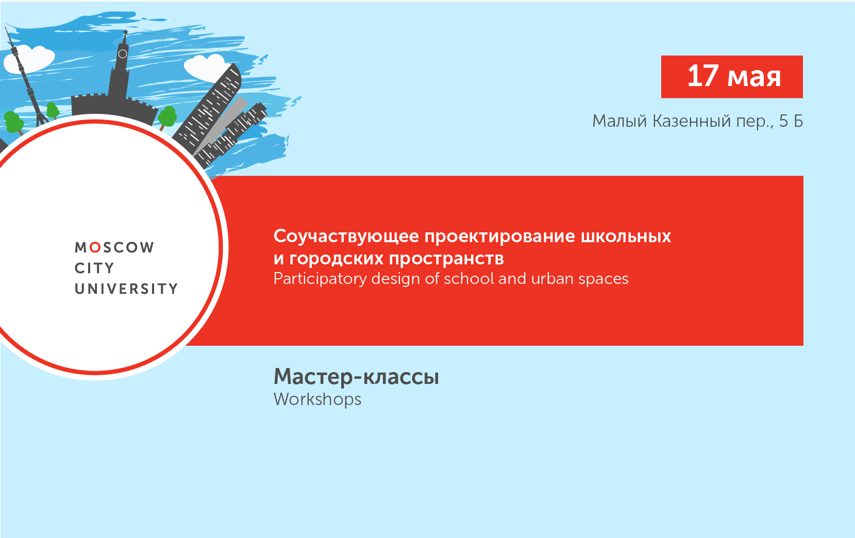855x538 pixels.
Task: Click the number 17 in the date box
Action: point(703,76)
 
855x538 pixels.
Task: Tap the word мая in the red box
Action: point(754,77)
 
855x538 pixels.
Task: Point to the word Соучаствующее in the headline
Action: point(346,236)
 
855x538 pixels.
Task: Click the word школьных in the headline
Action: point(626,236)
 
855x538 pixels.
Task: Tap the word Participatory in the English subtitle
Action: point(320,279)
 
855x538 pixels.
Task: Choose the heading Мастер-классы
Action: point(356,377)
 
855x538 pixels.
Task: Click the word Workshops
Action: point(317,399)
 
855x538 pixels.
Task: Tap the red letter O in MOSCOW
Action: point(95,248)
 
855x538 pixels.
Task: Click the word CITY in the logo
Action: point(94,268)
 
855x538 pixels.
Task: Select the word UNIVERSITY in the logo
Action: point(126,289)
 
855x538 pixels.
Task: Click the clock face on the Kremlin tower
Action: point(123,54)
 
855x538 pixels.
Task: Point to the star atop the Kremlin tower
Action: point(125,32)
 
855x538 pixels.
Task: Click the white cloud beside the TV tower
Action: point(31,59)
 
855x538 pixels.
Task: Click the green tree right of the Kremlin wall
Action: point(167,117)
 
